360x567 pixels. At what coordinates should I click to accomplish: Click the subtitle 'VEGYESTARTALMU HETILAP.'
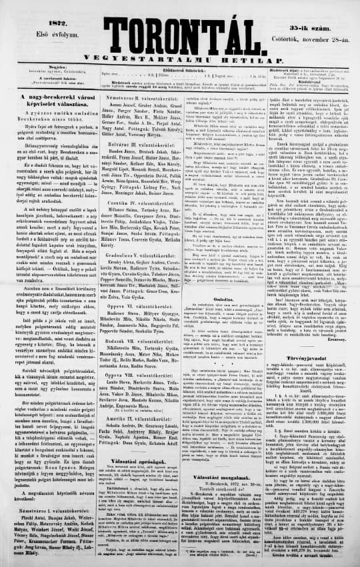point(180,41)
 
